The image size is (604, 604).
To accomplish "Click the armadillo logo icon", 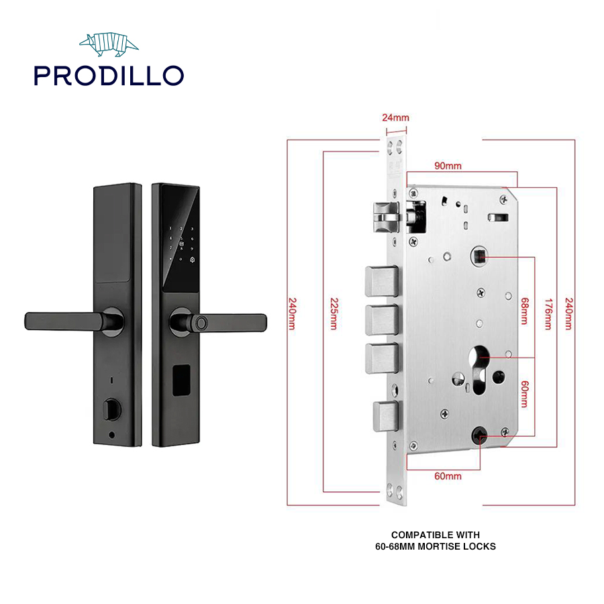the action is click(109, 44).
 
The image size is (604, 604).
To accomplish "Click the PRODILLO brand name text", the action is click(109, 75).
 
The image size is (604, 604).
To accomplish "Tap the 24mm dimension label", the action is click(395, 117).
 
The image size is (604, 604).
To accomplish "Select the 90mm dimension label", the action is click(448, 166).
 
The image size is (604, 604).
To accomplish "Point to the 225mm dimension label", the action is click(334, 313).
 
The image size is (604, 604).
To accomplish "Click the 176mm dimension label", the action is click(548, 313).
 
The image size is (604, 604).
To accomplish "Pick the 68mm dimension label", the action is click(524, 311).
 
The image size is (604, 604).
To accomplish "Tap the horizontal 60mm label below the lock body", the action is click(448, 476).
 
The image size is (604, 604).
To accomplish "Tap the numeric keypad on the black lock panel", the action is click(181, 244).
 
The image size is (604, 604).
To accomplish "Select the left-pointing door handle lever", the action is click(73, 321).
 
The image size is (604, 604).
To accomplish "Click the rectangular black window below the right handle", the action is click(181, 381).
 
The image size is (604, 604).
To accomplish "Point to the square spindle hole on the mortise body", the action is click(479, 256).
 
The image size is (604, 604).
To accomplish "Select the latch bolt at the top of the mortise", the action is click(386, 217).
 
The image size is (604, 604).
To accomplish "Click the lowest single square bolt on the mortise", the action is click(385, 416).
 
